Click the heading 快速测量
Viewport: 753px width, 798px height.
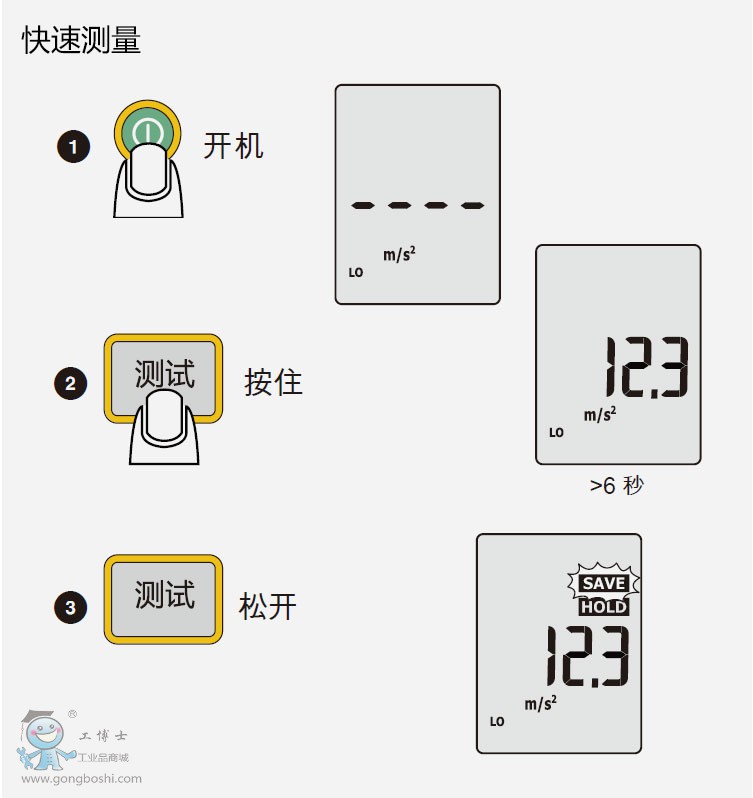pos(82,41)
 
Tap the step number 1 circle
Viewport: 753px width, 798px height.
pos(73,148)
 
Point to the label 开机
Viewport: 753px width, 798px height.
pos(233,146)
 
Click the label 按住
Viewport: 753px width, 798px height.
pos(273,382)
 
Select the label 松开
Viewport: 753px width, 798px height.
pos(267,606)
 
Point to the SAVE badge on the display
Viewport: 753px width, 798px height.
pos(604,583)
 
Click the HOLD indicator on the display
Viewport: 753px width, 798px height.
pos(604,607)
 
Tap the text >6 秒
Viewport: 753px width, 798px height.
pos(616,486)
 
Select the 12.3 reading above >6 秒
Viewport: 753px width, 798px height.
pos(645,367)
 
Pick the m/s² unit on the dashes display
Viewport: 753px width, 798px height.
pos(399,254)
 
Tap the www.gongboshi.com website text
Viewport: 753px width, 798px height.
pos(81,779)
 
